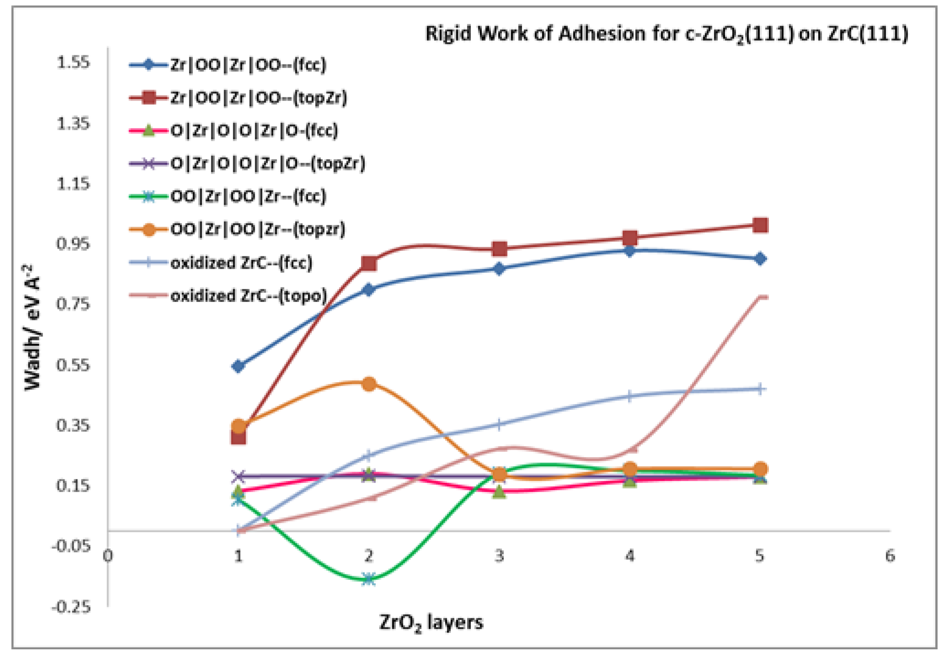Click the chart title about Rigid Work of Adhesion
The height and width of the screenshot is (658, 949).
666,34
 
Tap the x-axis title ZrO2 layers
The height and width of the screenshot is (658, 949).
431,623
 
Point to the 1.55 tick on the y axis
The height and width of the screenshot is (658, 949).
73,62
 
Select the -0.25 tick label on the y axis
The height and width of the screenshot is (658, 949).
72,607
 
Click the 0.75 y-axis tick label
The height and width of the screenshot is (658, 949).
73,303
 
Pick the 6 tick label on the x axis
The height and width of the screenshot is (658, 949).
890,556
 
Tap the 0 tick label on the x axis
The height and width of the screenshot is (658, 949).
108,556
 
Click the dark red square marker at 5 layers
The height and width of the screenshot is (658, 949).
760,225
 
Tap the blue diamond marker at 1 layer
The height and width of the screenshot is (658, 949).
238,366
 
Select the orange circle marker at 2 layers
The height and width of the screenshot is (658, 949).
369,383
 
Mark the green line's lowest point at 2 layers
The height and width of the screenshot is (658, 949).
369,579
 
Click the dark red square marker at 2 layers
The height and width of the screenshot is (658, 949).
369,263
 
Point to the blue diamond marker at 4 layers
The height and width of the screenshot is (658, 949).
630,251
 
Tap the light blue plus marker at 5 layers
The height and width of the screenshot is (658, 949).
760,389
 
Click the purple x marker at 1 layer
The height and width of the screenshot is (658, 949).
238,476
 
